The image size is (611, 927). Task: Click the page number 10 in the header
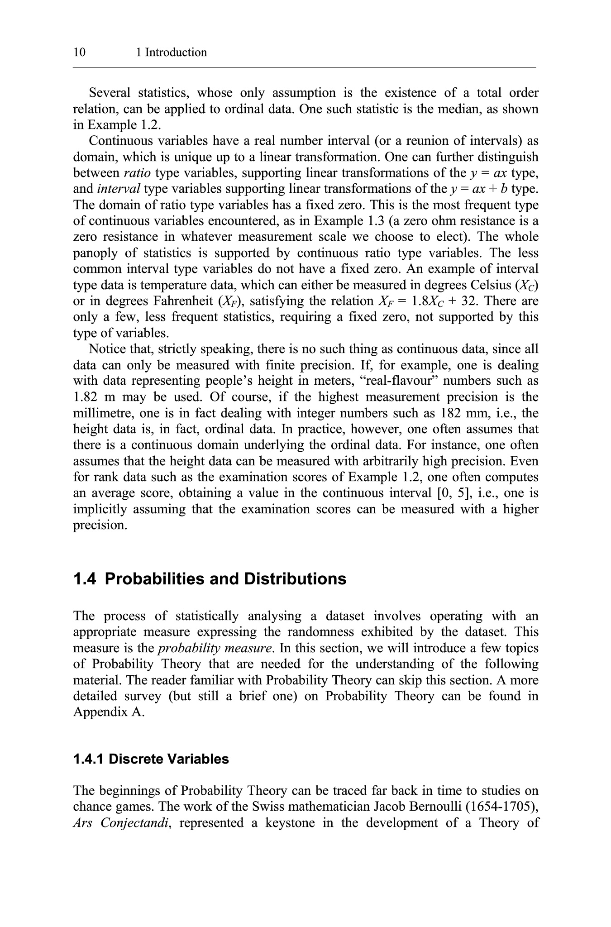(x=79, y=53)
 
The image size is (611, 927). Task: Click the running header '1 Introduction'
(x=172, y=53)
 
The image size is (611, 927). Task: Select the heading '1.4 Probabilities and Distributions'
(x=210, y=579)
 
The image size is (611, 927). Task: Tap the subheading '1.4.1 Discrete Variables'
(x=151, y=759)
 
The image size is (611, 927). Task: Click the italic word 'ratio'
(x=137, y=173)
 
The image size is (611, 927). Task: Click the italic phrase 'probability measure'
(x=215, y=648)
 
